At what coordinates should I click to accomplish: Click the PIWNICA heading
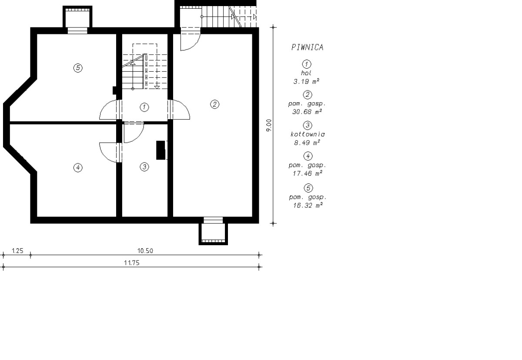coord(308,47)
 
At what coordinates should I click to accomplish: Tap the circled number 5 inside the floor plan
coord(78,68)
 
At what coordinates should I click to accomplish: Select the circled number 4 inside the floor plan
coord(78,168)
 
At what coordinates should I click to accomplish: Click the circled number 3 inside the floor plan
coord(144,167)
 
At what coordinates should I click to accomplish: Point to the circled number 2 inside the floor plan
coord(214,104)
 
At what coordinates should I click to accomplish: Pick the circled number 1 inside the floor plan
coord(144,107)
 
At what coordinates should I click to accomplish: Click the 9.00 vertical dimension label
coord(269,125)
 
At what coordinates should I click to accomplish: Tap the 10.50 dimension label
coord(145,251)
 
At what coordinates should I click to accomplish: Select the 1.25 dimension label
coord(17,251)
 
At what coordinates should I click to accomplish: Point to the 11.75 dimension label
coord(132,263)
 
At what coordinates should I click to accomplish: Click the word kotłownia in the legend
coord(308,134)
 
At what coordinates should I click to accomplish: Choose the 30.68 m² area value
coord(307,112)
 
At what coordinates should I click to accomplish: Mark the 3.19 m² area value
coord(306,81)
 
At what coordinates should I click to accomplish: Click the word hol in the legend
coord(306,73)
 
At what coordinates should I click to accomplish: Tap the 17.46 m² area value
coord(308,173)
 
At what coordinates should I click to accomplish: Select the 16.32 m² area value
coord(308,205)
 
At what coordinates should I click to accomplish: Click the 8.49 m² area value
coord(307,143)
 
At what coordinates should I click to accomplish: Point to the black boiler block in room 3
coord(161,150)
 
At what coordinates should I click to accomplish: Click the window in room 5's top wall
coord(77,31)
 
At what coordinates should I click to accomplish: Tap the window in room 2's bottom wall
coord(213,220)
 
